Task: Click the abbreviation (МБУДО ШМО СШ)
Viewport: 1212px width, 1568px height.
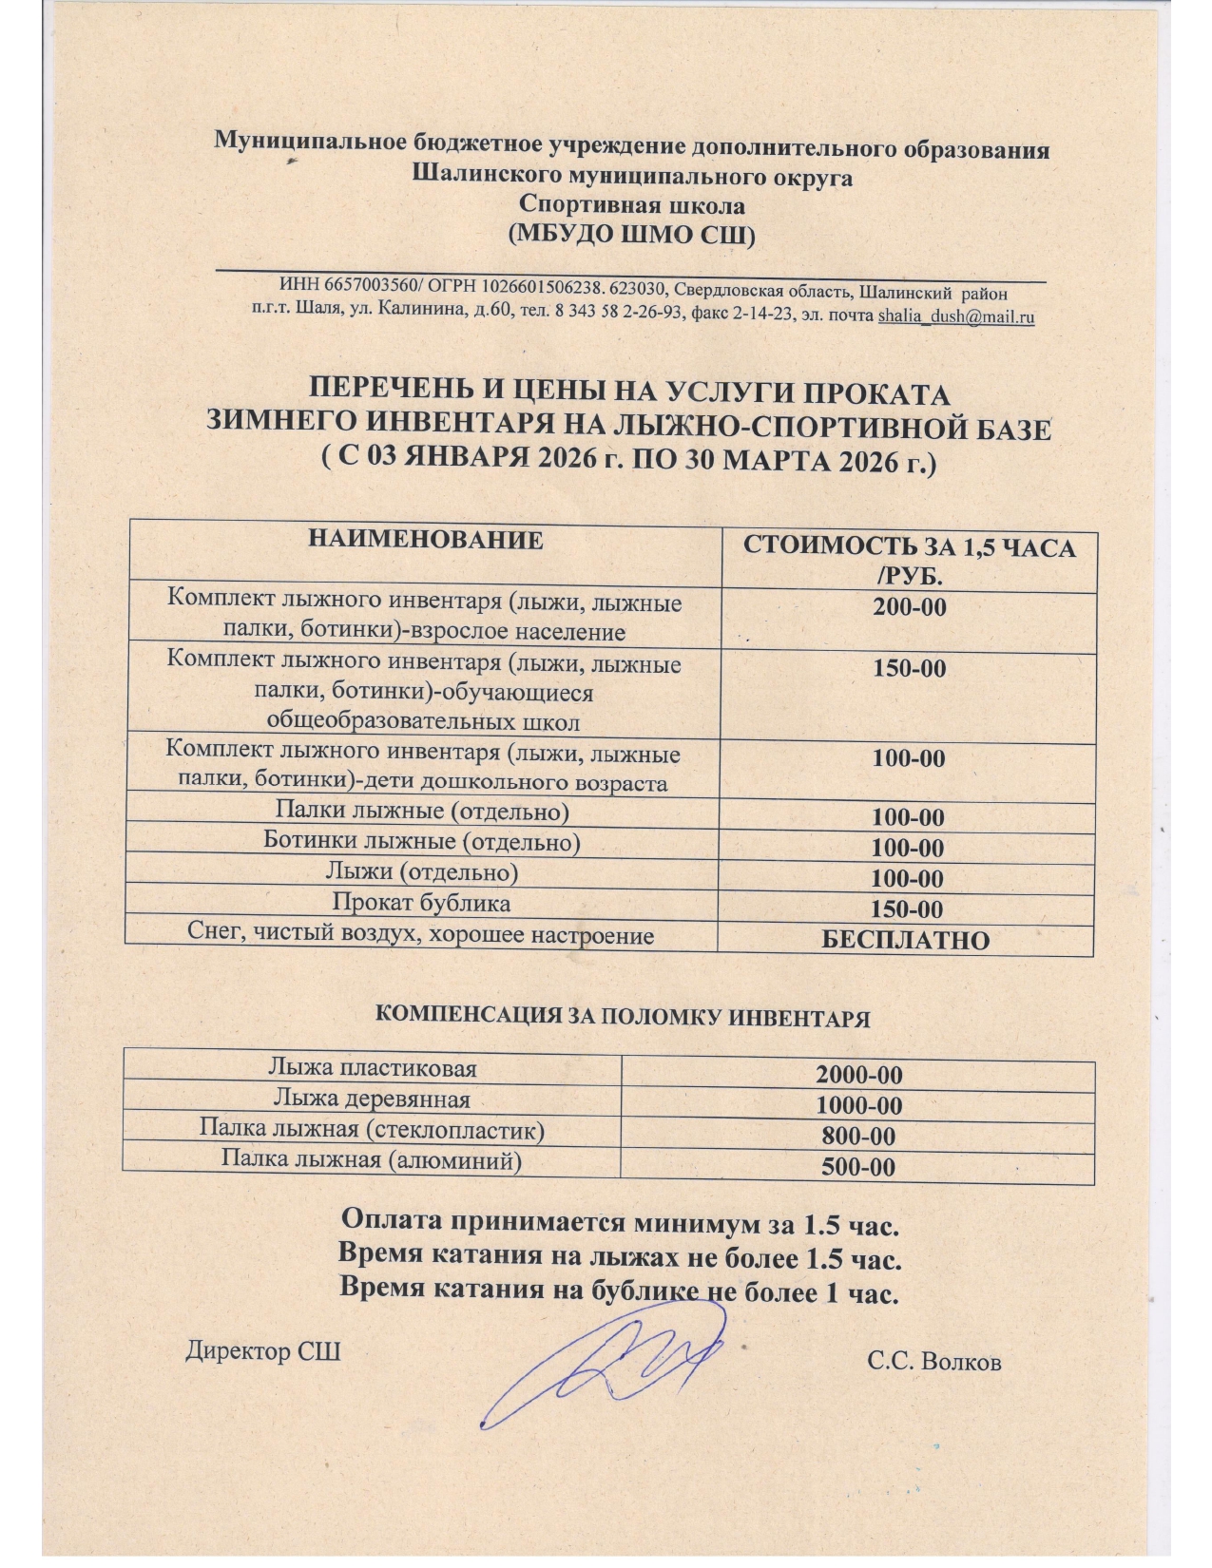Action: point(632,235)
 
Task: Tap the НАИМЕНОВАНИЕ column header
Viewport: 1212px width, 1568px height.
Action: point(425,541)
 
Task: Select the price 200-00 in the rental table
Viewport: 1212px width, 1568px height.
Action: point(910,607)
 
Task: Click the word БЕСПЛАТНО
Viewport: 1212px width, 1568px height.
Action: point(905,941)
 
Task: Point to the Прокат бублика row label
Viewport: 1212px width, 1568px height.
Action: point(421,903)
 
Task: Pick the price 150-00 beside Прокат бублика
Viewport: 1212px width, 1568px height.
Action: point(907,909)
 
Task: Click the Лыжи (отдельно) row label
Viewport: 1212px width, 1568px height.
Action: point(421,872)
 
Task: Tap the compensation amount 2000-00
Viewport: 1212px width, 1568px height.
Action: point(858,1076)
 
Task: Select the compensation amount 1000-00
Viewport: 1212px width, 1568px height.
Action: point(858,1106)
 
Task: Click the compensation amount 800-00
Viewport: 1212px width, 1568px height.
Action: point(858,1137)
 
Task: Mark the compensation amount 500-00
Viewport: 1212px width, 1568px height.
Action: point(858,1167)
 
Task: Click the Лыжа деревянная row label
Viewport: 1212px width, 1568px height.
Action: point(372,1100)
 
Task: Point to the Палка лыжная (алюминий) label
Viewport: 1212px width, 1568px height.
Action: point(372,1160)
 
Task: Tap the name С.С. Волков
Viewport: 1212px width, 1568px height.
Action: point(933,1362)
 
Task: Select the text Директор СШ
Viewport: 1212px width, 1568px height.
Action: point(262,1351)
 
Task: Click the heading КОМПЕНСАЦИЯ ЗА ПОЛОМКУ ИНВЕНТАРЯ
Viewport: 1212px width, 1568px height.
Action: point(623,1016)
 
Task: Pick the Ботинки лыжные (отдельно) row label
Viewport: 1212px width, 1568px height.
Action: point(421,842)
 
